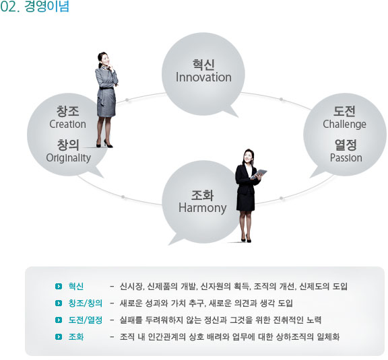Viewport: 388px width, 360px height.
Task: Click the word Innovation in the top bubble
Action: (x=203, y=77)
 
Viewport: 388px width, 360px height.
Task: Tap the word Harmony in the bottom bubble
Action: (x=202, y=208)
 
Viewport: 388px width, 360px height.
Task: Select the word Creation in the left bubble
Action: (x=67, y=124)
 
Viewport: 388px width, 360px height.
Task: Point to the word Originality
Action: (x=69, y=158)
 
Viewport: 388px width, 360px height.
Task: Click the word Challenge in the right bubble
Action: (x=344, y=124)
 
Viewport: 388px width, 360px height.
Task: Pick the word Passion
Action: (x=346, y=157)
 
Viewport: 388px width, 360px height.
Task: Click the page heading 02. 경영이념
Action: (x=34, y=7)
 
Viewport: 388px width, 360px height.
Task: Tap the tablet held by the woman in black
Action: (x=259, y=174)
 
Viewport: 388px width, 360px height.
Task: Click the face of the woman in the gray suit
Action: (x=104, y=59)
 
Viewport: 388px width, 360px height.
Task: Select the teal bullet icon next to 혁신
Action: (x=59, y=287)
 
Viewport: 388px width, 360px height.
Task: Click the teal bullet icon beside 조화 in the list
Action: (x=59, y=336)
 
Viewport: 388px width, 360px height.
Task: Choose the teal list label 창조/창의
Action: (x=86, y=303)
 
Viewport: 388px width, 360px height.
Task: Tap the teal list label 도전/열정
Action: (x=86, y=320)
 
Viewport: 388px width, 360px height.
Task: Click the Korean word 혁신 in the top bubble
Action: (x=203, y=65)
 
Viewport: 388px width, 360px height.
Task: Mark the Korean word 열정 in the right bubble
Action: (x=346, y=145)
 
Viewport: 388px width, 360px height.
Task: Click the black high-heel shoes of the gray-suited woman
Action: (x=104, y=145)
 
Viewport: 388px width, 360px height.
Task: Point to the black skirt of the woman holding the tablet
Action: (x=245, y=202)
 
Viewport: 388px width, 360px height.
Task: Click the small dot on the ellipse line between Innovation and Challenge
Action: (x=281, y=100)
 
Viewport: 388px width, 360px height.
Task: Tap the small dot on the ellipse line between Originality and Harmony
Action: (x=123, y=196)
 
